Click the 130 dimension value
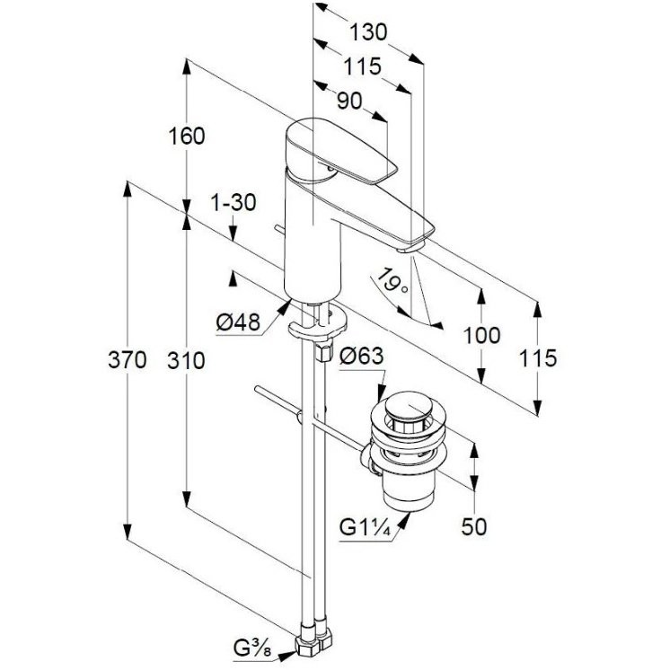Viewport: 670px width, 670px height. [x=368, y=32]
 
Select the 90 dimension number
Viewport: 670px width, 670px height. [x=349, y=101]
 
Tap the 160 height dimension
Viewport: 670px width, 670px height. [x=187, y=137]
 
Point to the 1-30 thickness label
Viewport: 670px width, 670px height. [x=234, y=202]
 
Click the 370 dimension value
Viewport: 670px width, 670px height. [x=127, y=359]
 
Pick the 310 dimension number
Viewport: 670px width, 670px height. [x=186, y=361]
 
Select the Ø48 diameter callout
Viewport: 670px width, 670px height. [x=238, y=322]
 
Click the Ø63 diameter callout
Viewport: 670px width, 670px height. [x=361, y=356]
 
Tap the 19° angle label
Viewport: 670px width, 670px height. [x=393, y=280]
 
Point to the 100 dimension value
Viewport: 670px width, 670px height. [x=481, y=335]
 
